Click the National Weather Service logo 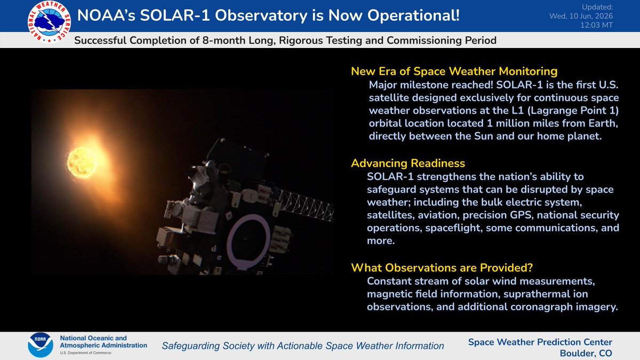49,22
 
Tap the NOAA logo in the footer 41,345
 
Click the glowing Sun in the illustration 82,163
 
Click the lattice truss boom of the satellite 305,205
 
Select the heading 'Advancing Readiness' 407,163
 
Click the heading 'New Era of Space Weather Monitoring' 454,71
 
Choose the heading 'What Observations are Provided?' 442,268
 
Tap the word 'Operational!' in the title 413,15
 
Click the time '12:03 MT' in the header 596,25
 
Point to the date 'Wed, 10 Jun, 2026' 581,16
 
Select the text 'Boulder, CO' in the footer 586,354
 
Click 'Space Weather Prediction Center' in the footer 540,342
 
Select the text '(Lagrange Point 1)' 573,110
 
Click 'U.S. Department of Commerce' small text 85,353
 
